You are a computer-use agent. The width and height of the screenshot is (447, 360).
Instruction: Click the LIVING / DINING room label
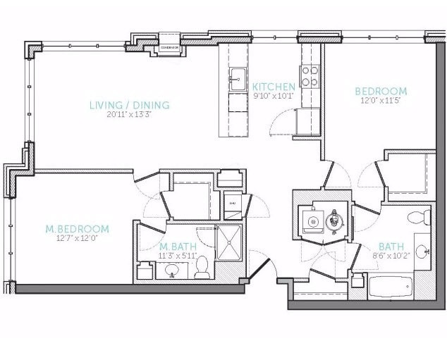[129, 106]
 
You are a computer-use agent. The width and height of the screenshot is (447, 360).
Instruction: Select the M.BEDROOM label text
[77, 229]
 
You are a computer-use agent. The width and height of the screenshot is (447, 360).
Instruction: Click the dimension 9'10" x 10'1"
[274, 97]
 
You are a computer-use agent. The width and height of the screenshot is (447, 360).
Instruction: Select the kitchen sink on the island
[237, 75]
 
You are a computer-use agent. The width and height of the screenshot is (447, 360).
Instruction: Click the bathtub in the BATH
[390, 287]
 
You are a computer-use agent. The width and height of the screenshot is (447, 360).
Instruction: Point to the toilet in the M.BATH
[202, 266]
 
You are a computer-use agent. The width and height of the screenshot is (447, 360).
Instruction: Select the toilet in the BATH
[419, 216]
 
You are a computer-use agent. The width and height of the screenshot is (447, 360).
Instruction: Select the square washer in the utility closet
[310, 221]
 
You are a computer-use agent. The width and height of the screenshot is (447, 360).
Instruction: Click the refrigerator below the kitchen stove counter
[308, 123]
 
